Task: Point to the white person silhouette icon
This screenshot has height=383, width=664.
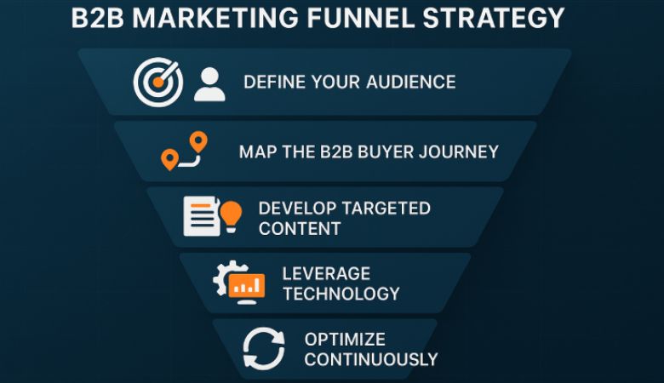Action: click(209, 83)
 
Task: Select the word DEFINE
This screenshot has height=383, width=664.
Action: click(272, 83)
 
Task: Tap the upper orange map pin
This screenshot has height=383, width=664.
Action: click(198, 142)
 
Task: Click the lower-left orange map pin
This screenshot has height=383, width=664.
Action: click(169, 159)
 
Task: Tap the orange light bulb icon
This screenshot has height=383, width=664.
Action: click(231, 214)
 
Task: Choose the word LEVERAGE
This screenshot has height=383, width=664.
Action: click(326, 274)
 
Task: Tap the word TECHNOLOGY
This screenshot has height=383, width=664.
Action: click(341, 294)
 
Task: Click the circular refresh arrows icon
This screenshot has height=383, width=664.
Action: click(263, 349)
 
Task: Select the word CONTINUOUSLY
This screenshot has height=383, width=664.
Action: click(370, 359)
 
